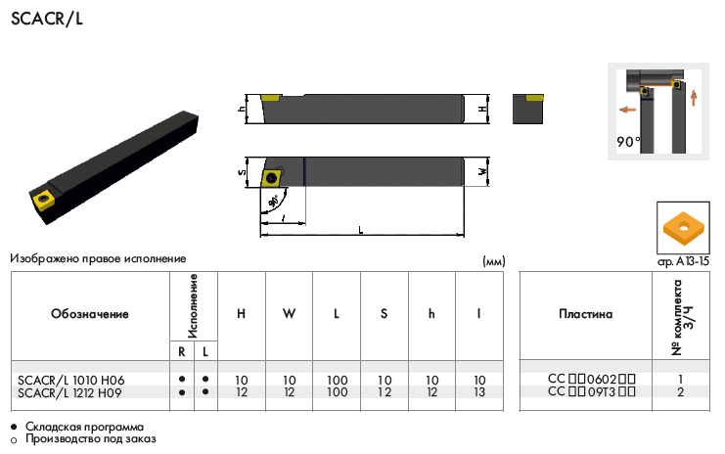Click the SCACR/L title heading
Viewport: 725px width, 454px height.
(47, 19)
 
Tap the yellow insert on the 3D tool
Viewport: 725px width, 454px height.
(43, 200)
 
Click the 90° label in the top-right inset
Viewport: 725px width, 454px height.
(628, 142)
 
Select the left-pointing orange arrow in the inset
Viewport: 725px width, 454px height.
(628, 110)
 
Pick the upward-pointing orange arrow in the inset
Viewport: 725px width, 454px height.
(693, 98)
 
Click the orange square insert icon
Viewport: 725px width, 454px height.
(683, 228)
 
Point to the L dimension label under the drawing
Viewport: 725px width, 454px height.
(361, 230)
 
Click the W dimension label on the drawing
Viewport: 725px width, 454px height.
(482, 171)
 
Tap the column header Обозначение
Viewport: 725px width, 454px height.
(90, 314)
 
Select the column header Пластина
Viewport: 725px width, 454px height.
(585, 314)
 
